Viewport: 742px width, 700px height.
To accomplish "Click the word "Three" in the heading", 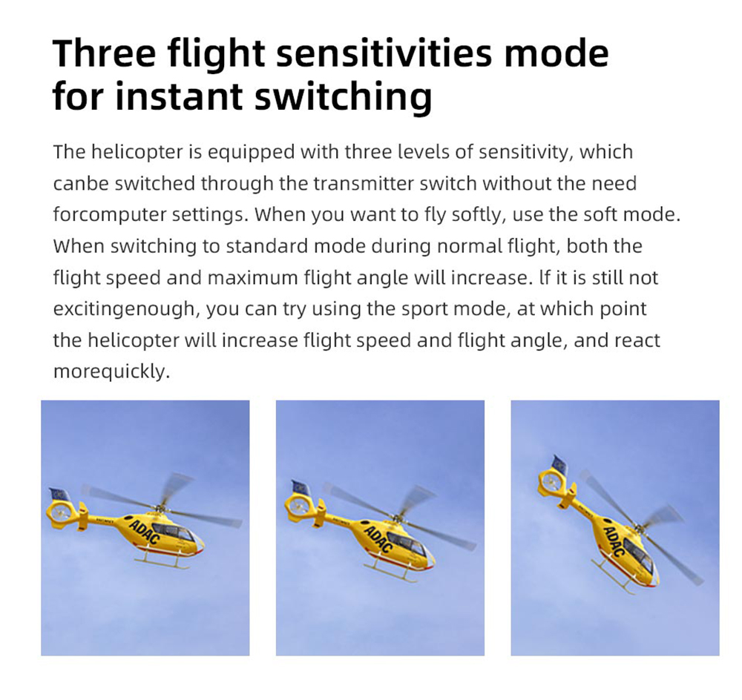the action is tap(104, 53).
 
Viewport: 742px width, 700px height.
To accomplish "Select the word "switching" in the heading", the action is tap(344, 97).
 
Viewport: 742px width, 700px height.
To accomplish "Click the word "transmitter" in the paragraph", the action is tap(364, 183).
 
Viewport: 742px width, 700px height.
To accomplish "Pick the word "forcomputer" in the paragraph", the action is tap(109, 215).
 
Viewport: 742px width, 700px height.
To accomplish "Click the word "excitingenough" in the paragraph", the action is tap(126, 309).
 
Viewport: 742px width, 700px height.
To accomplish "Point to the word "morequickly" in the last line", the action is tap(111, 372).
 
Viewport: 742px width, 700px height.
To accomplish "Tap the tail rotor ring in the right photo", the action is tap(551, 481).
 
